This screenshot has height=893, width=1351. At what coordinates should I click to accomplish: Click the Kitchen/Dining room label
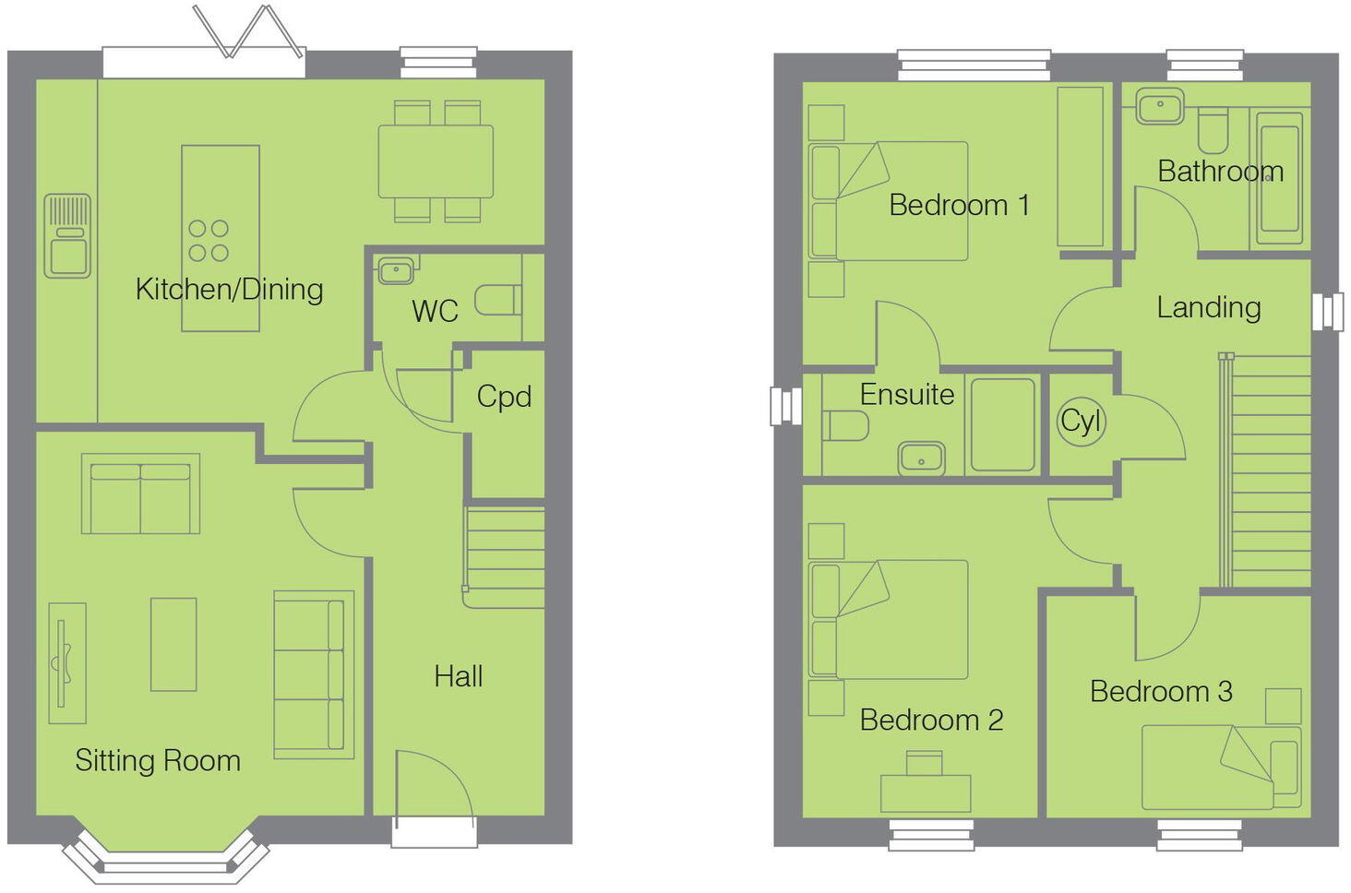click(229, 290)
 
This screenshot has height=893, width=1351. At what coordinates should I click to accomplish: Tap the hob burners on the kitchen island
click(209, 240)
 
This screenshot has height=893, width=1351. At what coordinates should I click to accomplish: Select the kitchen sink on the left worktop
click(67, 236)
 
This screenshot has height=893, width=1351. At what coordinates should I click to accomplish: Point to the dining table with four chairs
click(436, 161)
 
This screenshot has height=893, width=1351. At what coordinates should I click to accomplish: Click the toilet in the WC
click(498, 301)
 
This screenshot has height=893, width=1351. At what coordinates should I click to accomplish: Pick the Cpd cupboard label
click(504, 397)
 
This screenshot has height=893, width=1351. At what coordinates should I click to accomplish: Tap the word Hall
click(458, 677)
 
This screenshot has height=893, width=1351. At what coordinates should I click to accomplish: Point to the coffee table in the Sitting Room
click(173, 644)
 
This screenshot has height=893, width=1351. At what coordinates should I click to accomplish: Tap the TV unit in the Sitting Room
click(66, 662)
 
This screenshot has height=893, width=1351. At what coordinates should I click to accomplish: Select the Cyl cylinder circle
click(1080, 422)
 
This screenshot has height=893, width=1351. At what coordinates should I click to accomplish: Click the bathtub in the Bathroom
click(1280, 178)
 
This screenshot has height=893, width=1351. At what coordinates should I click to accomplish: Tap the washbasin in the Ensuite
click(921, 458)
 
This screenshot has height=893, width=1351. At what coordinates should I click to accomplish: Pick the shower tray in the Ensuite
click(1003, 425)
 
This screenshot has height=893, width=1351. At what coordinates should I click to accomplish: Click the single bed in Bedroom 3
click(1220, 767)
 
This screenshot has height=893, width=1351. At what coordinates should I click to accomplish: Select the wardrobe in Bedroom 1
click(1080, 167)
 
